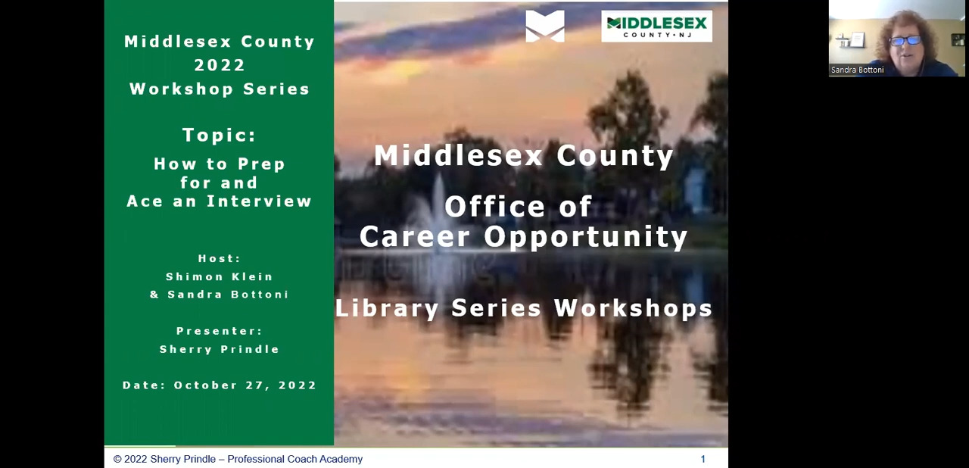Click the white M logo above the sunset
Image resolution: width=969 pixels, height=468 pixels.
click(545, 26)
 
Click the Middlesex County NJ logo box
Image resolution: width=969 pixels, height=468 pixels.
click(656, 27)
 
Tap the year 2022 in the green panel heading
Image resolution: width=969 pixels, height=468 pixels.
click(220, 65)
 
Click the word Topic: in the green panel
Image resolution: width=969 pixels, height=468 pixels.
click(220, 135)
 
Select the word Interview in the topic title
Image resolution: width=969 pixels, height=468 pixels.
click(259, 201)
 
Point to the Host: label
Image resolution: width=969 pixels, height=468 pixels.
click(220, 258)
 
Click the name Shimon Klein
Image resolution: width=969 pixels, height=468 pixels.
click(220, 276)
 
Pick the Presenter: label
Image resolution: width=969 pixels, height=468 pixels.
click(220, 331)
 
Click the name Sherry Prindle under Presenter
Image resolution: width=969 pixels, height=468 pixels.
click(220, 349)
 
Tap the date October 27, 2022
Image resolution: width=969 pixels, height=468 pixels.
click(245, 385)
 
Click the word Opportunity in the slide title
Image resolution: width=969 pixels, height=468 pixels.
click(586, 237)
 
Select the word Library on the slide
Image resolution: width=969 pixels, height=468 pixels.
click(387, 309)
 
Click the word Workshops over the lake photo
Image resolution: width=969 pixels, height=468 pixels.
click(634, 308)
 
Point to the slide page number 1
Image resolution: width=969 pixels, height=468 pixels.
click(703, 458)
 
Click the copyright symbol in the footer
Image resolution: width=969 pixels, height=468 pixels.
click(117, 459)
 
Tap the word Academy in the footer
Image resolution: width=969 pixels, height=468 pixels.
click(341, 459)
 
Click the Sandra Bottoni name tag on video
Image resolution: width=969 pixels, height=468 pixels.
click(858, 70)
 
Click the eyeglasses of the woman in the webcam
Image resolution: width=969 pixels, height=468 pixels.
click(905, 41)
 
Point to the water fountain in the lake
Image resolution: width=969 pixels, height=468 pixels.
click(436, 207)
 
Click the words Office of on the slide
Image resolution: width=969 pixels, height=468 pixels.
click(519, 206)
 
